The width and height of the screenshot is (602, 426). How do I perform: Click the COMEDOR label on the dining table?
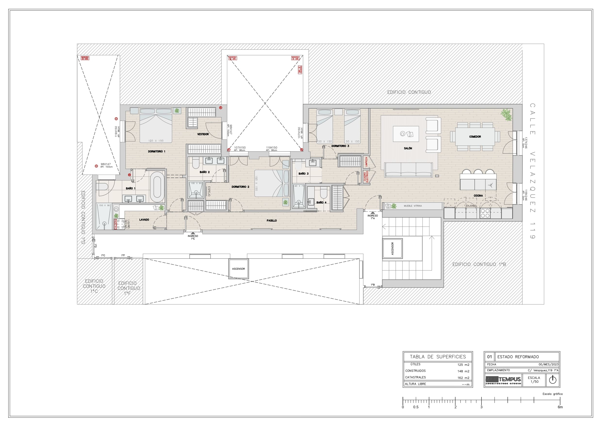click(475, 136)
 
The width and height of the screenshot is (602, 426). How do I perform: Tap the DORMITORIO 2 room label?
click(240, 187)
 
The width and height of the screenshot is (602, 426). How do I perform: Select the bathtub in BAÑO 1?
click(157, 187)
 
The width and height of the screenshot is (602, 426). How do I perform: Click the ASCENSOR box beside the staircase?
click(392, 248)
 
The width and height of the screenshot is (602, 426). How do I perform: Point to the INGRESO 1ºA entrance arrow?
click(373, 213)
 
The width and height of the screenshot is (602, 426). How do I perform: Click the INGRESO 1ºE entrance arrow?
click(193, 233)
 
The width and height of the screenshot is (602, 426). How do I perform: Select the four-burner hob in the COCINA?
click(485, 213)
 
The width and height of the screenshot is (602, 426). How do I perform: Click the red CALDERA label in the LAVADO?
click(116, 224)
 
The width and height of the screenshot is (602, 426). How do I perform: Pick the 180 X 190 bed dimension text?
click(156, 141)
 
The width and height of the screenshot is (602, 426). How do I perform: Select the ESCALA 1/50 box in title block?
click(534, 380)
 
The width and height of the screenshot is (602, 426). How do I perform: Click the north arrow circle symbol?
click(553, 380)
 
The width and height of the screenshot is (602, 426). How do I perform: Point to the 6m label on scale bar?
click(560, 407)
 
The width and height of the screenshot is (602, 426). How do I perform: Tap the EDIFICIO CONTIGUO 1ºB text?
click(479, 264)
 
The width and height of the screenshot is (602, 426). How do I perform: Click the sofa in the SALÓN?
click(408, 170)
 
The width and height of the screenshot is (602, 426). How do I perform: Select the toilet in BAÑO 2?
click(195, 164)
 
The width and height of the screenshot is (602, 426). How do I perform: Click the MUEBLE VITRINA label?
click(413, 206)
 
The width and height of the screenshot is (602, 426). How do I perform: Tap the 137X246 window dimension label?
click(526, 143)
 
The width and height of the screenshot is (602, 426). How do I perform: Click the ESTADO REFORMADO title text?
click(518, 357)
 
